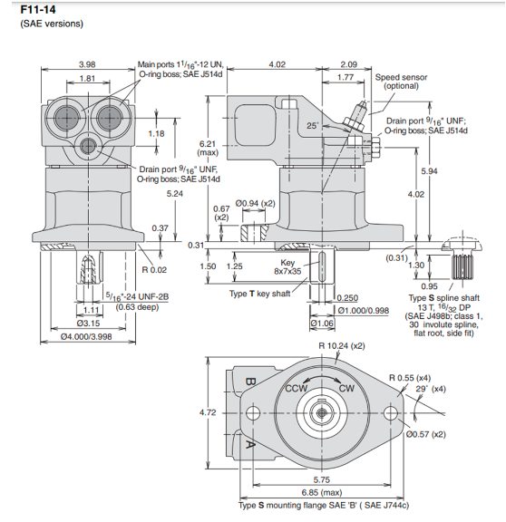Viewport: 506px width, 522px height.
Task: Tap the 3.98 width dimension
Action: (x=87, y=64)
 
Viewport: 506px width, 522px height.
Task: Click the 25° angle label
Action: (x=313, y=124)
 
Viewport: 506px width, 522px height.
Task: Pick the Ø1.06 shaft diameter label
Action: (x=323, y=322)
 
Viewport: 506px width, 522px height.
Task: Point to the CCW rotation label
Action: (x=297, y=388)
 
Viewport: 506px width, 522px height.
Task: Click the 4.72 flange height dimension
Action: (x=208, y=412)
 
